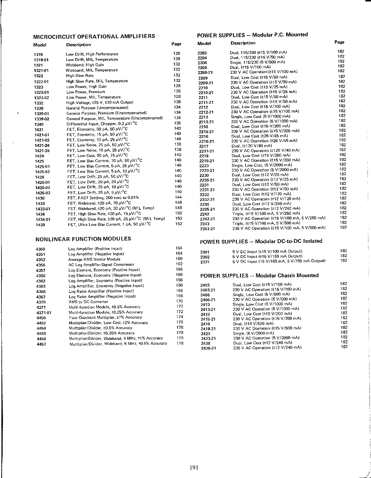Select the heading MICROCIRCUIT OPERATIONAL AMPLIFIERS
(94, 36)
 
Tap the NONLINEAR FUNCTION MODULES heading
(83, 239)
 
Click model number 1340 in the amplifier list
(39, 124)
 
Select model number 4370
(41, 302)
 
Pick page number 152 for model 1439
(178, 224)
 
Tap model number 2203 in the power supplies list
(202, 53)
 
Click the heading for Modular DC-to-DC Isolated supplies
(261, 241)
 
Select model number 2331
(205, 262)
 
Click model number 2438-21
(208, 348)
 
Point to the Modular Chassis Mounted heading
(259, 275)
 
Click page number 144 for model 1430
(178, 197)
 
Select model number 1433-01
(43, 209)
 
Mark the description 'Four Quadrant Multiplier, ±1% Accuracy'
(105, 317)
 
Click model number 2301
(205, 252)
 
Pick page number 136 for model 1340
(177, 123)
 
